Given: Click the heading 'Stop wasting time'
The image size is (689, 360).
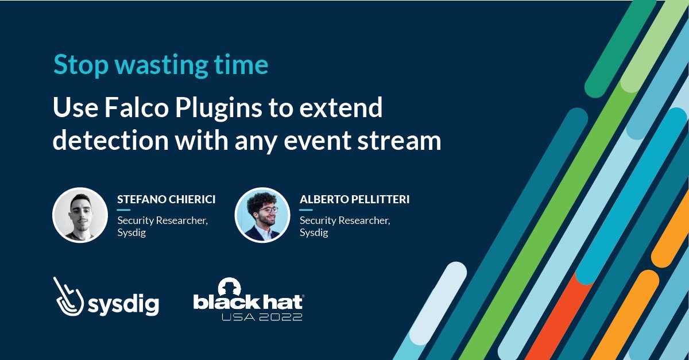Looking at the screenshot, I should tap(161, 65).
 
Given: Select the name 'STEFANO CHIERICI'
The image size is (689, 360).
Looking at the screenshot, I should tap(167, 200).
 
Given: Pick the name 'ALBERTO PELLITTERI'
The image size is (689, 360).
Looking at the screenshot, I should tap(354, 200).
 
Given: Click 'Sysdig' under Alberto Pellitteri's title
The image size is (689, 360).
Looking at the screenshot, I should tap(313, 233).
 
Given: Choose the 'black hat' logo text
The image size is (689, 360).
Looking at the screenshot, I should tap(247, 302).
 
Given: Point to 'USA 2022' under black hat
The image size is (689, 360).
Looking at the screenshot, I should tap(262, 317).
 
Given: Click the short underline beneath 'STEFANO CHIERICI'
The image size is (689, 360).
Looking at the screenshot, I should tap(124, 210).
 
